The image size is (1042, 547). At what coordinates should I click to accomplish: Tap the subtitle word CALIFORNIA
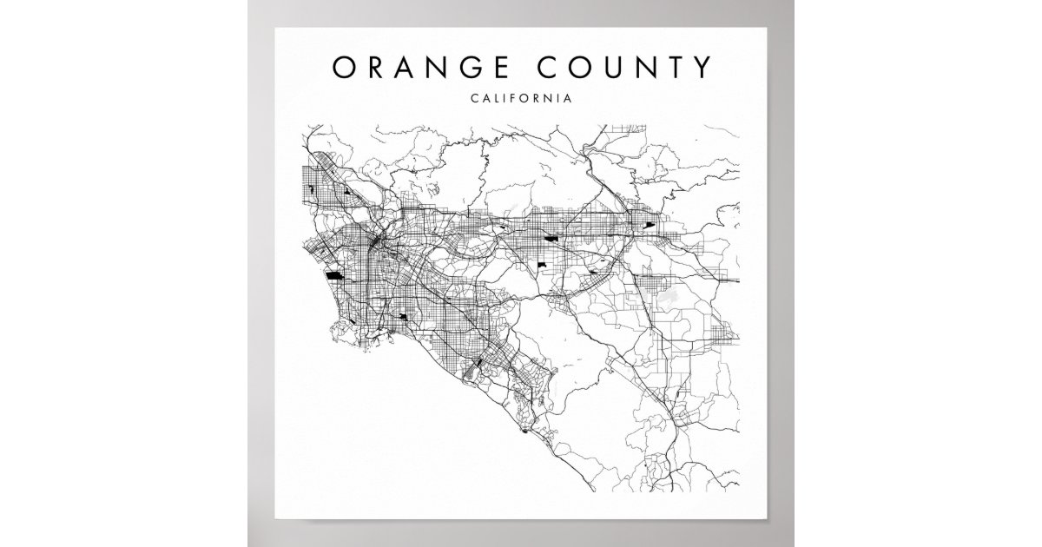click(521, 98)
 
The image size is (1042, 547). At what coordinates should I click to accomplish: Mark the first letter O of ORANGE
click(342, 68)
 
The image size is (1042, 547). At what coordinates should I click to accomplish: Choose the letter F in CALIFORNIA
click(509, 98)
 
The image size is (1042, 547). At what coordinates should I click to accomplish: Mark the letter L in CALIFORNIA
click(491, 98)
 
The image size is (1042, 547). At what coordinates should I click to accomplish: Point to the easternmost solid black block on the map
click(649, 226)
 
